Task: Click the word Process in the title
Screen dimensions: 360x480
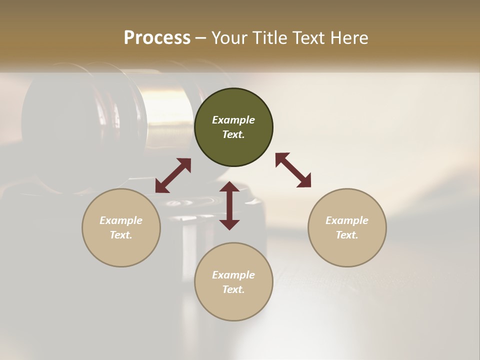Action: tap(157, 38)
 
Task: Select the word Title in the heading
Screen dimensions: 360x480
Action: tap(270, 38)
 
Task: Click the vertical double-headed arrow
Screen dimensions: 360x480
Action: tap(229, 205)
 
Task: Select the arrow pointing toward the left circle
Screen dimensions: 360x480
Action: tap(173, 175)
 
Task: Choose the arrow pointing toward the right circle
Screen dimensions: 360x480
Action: tap(293, 170)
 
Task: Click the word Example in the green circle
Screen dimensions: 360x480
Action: tap(233, 120)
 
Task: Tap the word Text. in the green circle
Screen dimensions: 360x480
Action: tap(233, 134)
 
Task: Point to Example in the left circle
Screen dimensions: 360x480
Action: tap(121, 220)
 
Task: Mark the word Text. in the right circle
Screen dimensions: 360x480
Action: tap(347, 235)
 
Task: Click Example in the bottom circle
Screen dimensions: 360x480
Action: tap(233, 275)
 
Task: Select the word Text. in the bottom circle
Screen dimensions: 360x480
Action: tap(233, 289)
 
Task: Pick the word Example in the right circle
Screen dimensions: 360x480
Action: tap(347, 220)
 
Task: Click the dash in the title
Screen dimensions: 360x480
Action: tap(201, 38)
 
